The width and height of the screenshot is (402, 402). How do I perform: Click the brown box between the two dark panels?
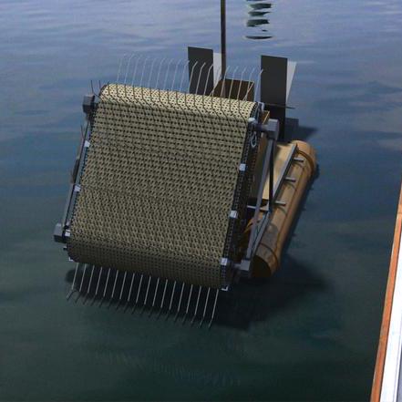tap(235, 89)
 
